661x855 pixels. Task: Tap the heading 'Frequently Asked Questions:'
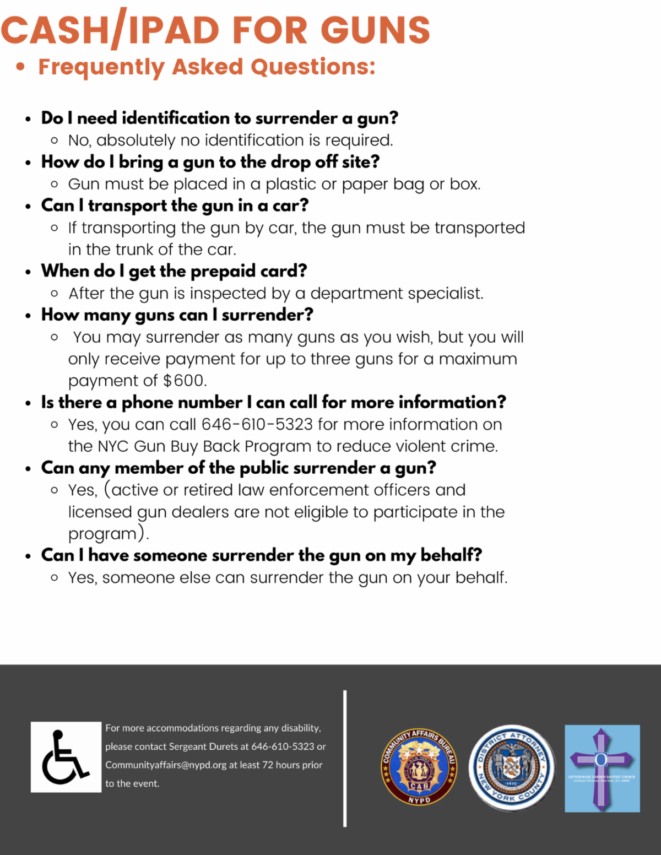(x=207, y=67)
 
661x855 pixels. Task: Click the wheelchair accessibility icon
(x=66, y=757)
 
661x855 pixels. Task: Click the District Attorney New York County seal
(x=512, y=767)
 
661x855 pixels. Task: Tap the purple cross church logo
(x=602, y=769)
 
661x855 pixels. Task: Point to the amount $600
(x=185, y=381)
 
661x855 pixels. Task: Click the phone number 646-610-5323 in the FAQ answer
(x=257, y=425)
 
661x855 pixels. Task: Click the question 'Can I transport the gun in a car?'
(x=175, y=205)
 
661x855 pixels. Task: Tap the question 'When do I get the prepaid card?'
(x=174, y=271)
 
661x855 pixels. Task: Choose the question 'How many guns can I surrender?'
(x=177, y=315)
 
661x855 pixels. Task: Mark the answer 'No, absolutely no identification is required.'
(x=230, y=140)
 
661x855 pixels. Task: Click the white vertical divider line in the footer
(x=345, y=758)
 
